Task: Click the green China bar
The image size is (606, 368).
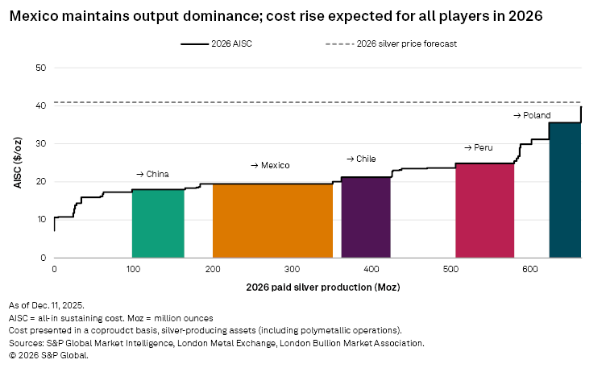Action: pyautogui.click(x=158, y=223)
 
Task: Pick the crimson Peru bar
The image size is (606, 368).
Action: pyautogui.click(x=484, y=210)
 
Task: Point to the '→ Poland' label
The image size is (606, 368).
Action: pyautogui.click(x=532, y=116)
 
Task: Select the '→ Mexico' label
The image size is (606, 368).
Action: pyautogui.click(x=270, y=165)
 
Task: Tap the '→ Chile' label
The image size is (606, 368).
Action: pyautogui.click(x=361, y=159)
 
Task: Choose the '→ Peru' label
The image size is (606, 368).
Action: pyautogui.click(x=478, y=147)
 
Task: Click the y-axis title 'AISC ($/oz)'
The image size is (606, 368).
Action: pyautogui.click(x=17, y=163)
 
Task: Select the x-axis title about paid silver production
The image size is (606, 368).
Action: pyautogui.click(x=318, y=286)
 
